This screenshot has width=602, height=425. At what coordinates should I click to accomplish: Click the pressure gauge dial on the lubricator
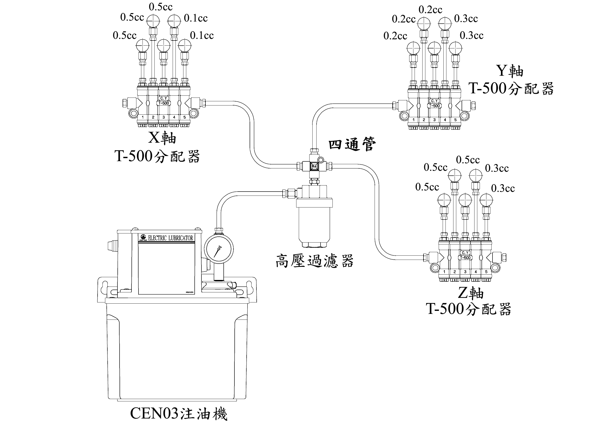(219, 249)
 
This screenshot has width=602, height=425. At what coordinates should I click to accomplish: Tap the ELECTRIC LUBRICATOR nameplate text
(170, 238)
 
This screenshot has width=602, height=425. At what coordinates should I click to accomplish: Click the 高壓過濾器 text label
(315, 261)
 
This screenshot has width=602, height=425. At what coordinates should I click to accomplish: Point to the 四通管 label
(352, 144)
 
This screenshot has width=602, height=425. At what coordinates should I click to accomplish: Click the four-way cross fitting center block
(314, 166)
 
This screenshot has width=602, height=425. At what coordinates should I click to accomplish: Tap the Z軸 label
(471, 293)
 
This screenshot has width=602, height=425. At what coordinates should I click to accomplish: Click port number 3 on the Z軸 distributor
(465, 272)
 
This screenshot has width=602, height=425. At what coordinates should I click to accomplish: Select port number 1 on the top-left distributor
(143, 117)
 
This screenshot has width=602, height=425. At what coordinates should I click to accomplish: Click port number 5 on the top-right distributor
(456, 120)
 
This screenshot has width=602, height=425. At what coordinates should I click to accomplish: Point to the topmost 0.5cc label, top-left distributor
(161, 7)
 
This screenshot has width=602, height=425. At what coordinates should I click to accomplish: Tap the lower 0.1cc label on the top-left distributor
(202, 35)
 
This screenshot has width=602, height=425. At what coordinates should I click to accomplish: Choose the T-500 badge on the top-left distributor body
(164, 103)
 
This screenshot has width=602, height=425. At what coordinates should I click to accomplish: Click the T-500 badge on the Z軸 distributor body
(465, 258)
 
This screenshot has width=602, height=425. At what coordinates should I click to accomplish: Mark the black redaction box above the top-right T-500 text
(509, 71)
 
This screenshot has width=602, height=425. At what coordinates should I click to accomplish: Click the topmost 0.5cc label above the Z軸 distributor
(468, 160)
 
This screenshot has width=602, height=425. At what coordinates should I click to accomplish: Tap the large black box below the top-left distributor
(162, 138)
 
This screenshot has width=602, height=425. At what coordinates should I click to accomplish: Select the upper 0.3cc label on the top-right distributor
(466, 19)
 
